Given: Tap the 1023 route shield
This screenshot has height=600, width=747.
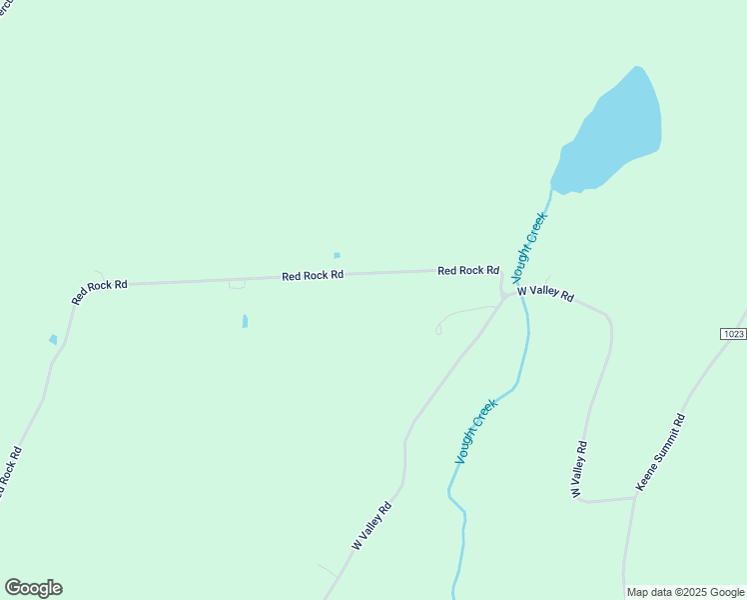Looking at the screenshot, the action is [x=732, y=334].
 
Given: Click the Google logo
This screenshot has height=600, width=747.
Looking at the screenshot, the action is [x=33, y=588].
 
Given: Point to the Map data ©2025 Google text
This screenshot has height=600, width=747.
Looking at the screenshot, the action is [x=686, y=592].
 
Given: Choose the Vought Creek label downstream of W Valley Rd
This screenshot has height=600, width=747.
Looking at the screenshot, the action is [x=476, y=431].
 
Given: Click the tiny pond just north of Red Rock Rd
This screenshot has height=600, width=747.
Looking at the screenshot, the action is [x=337, y=255].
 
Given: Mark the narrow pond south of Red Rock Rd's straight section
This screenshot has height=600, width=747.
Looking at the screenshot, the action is [x=245, y=321].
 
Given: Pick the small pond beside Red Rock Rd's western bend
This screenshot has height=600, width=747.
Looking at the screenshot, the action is [x=53, y=340].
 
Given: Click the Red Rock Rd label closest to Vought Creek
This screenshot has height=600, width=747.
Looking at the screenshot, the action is [x=467, y=270].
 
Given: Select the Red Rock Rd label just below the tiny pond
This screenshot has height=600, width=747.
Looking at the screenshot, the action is [x=313, y=275].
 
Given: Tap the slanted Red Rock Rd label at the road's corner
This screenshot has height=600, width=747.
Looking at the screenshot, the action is [x=100, y=291].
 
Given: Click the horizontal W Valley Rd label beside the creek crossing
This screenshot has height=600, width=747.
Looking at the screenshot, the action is [x=545, y=293].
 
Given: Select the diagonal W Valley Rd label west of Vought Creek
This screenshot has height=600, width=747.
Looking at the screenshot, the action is [x=372, y=526].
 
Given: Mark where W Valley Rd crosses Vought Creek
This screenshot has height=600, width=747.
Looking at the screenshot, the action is [x=521, y=292].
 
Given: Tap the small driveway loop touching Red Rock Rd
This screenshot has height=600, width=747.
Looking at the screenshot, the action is [x=237, y=285].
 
